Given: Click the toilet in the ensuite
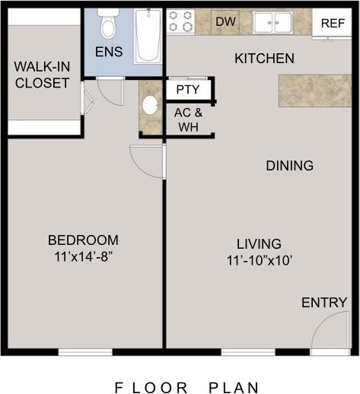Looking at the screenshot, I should point(108,25).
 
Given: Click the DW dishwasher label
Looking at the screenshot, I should point(225,21).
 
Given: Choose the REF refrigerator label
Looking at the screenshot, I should point(333,23).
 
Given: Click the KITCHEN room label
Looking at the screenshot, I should point(263,59).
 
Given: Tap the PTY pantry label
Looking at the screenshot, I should point(187,89).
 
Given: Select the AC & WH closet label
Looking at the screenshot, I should point(187,119).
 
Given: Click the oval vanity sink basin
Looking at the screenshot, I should point(150,105).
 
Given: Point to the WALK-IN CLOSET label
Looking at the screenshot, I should point(42,75).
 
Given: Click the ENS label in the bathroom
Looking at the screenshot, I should point(109,52).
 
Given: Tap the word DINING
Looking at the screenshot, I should point(289,166).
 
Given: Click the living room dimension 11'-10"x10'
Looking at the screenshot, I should point(259,260).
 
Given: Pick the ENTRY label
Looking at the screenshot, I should point(324,303).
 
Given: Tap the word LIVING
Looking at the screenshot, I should point(259,244).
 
